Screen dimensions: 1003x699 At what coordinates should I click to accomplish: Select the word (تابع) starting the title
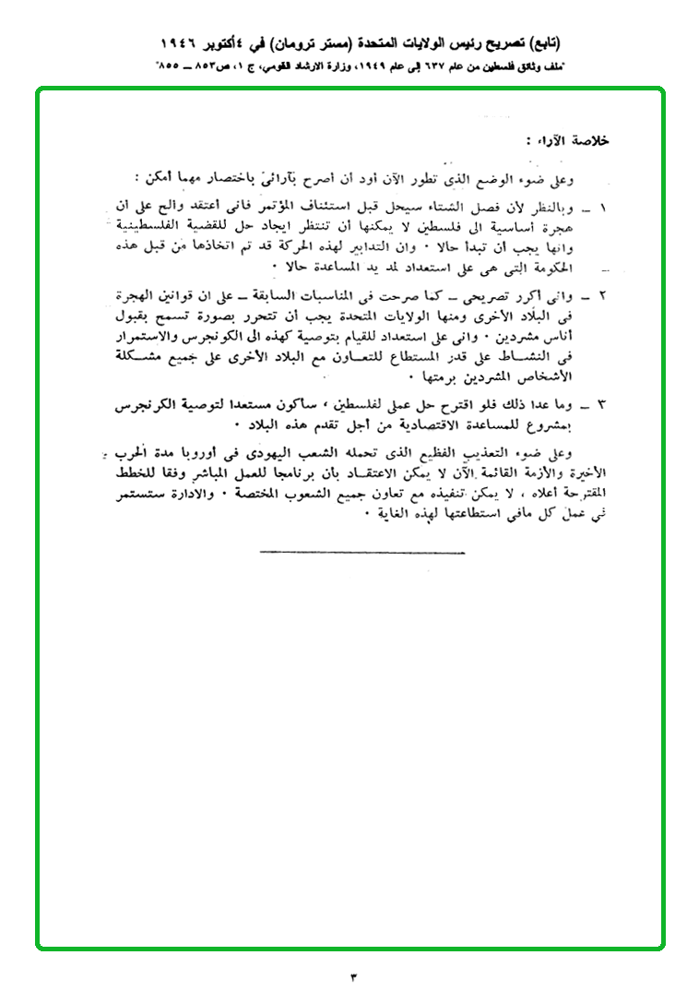[540, 43]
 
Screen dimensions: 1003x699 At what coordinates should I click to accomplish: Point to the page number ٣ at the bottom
[351, 976]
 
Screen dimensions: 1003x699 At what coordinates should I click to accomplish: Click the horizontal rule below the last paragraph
[362, 553]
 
